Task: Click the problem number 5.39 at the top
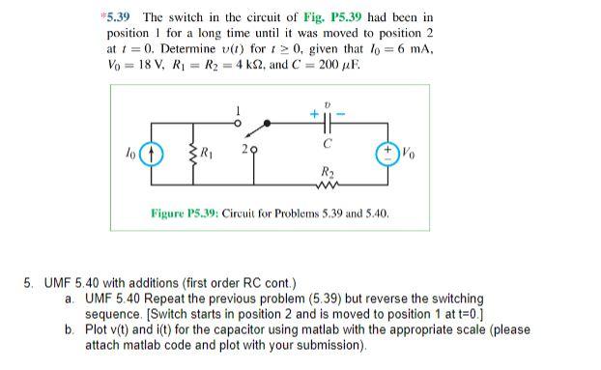tap(117, 17)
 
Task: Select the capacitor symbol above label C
tap(329, 125)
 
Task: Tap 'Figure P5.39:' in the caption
tap(183, 212)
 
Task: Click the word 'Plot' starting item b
tap(98, 329)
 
